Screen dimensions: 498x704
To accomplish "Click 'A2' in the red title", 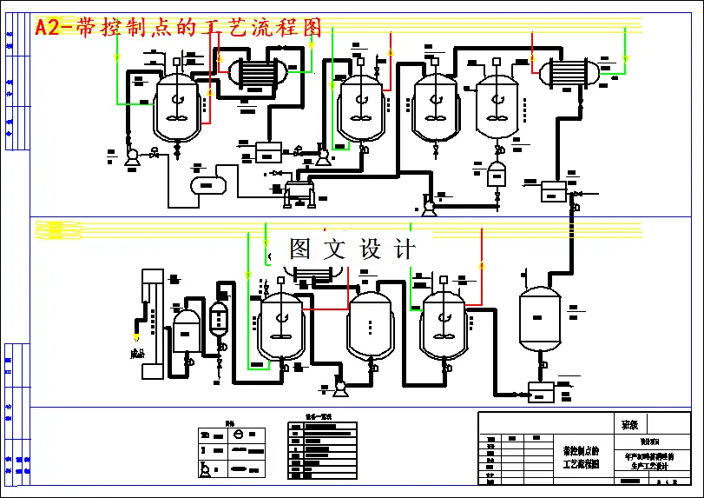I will click(49, 28).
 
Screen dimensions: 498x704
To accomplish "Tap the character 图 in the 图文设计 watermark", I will click(299, 250).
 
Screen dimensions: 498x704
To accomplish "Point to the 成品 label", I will click(136, 354).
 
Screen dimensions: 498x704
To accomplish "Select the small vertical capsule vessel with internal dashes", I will click(218, 320).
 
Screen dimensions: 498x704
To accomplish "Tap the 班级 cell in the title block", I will click(631, 425).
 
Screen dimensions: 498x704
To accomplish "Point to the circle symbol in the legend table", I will click(239, 434).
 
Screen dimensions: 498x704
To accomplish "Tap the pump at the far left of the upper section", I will click(132, 156).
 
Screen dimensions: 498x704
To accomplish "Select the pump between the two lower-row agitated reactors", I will click(339, 384).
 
